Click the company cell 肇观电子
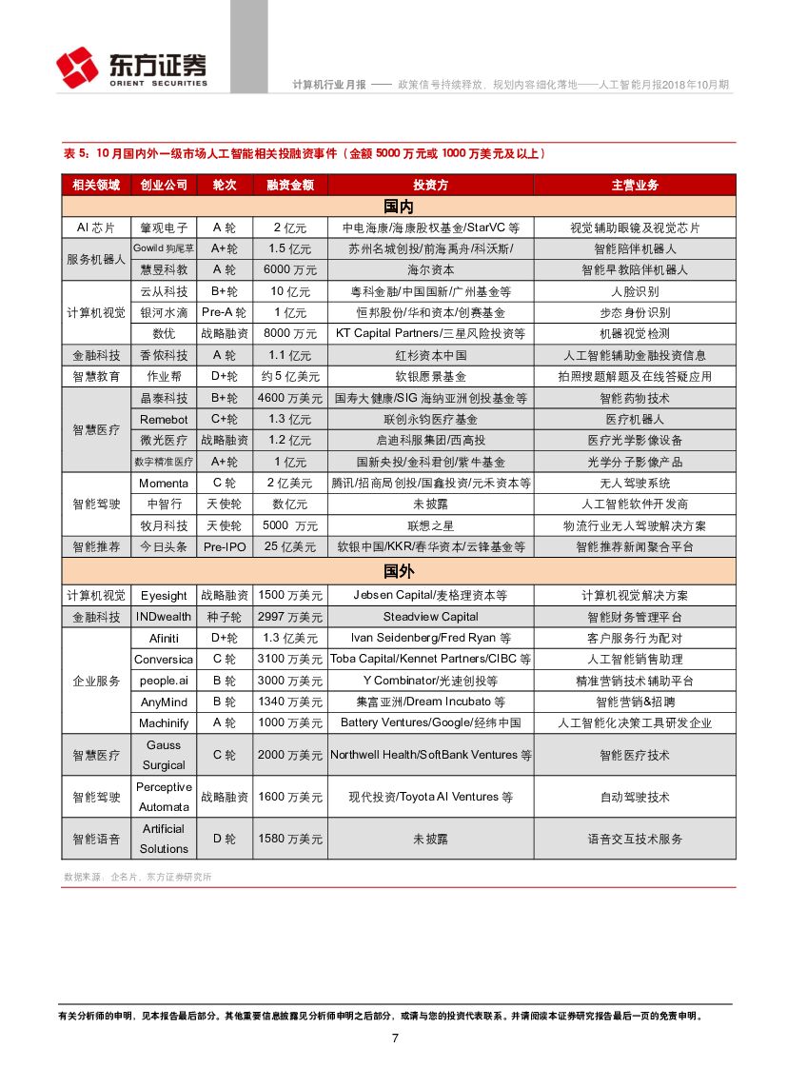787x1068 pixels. click(164, 228)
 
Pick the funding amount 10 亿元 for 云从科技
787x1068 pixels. click(289, 291)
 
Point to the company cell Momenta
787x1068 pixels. click(164, 484)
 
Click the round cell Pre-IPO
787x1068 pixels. click(224, 547)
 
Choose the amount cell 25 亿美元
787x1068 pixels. click(289, 547)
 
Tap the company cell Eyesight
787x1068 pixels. click(164, 595)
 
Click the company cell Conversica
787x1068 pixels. click(164, 659)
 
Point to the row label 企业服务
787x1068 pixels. click(96, 681)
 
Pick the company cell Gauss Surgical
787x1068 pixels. click(164, 755)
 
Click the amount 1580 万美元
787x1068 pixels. click(289, 839)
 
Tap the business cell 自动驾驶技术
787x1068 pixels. click(635, 797)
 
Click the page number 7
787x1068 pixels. click(394, 1038)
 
